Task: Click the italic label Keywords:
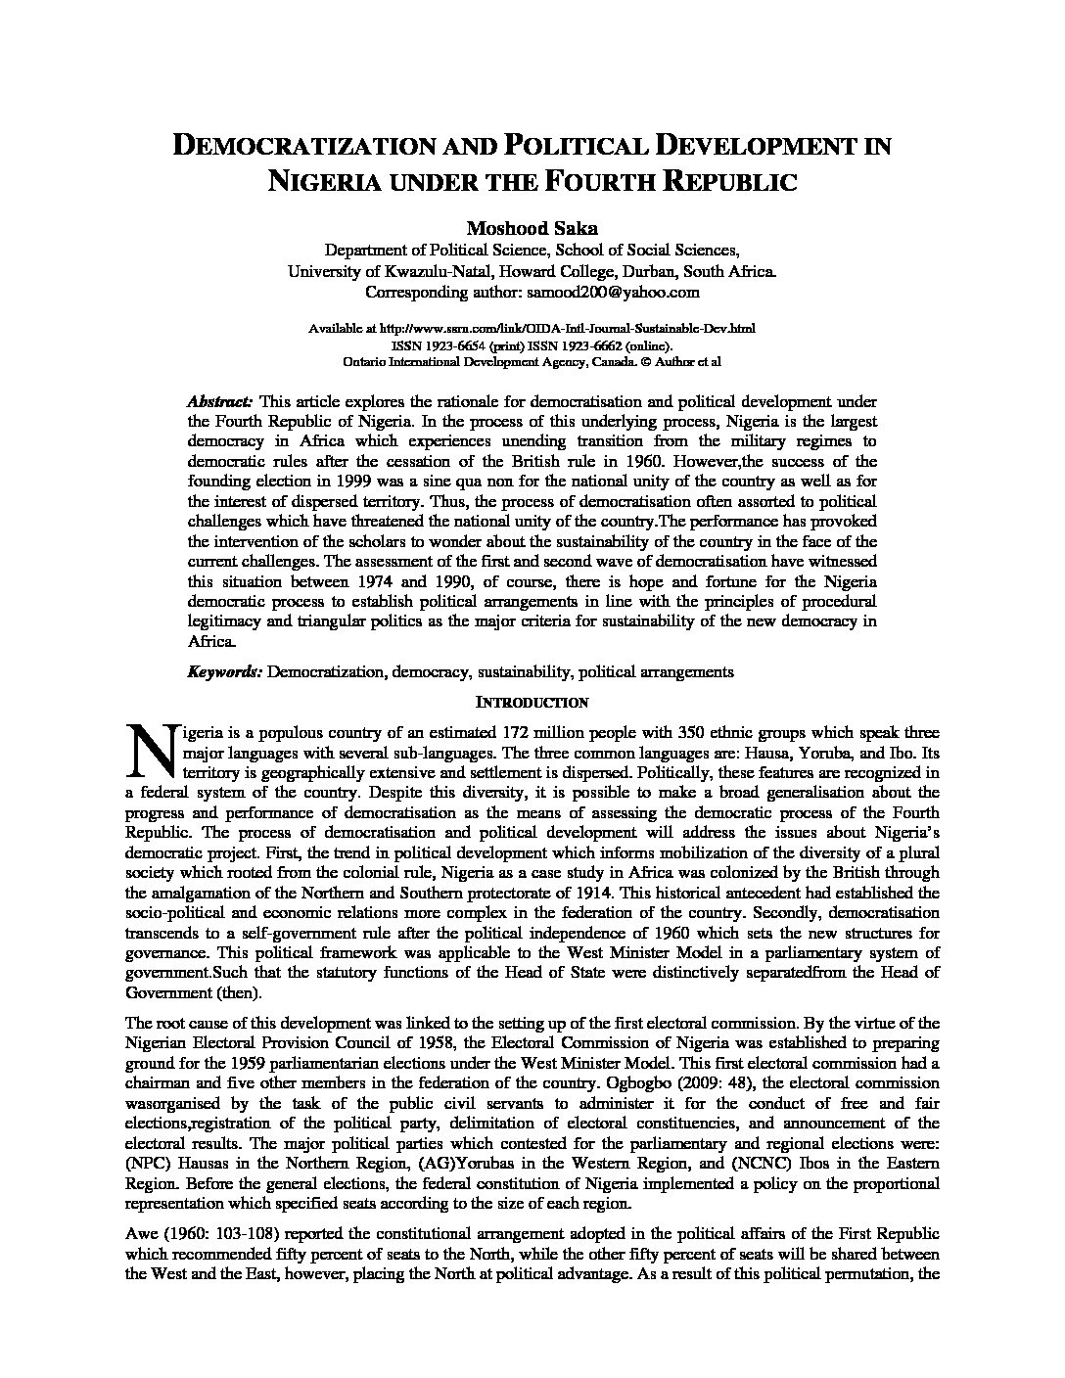coord(224,671)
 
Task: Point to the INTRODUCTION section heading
coord(532,703)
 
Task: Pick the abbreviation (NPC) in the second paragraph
coord(145,1163)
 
